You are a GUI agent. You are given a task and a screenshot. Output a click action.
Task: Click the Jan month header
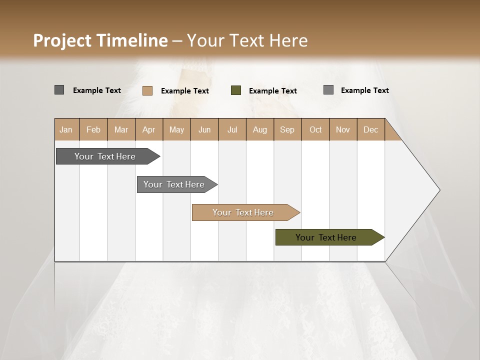point(66,129)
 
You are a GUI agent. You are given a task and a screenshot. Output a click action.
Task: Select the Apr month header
point(148,129)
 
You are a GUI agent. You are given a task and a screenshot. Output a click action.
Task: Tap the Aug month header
point(259,129)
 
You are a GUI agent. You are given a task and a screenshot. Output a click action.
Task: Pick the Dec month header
point(370,129)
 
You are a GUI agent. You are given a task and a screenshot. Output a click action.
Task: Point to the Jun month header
point(204,129)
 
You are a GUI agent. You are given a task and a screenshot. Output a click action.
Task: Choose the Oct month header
point(315,129)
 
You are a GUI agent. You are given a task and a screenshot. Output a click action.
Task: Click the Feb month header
point(93,129)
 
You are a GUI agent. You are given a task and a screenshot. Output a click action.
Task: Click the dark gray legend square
point(59,90)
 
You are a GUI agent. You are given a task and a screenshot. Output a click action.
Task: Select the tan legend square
point(147,90)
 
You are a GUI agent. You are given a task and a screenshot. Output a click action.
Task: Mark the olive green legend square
point(235,90)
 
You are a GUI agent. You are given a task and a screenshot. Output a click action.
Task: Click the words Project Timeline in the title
point(100,40)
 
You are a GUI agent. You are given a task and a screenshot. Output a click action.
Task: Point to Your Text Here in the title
point(247,40)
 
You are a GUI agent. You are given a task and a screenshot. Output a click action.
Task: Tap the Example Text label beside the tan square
point(184,91)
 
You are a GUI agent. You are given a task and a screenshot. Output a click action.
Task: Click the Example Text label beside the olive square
point(272,91)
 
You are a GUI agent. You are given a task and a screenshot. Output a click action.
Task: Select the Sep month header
point(287,129)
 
